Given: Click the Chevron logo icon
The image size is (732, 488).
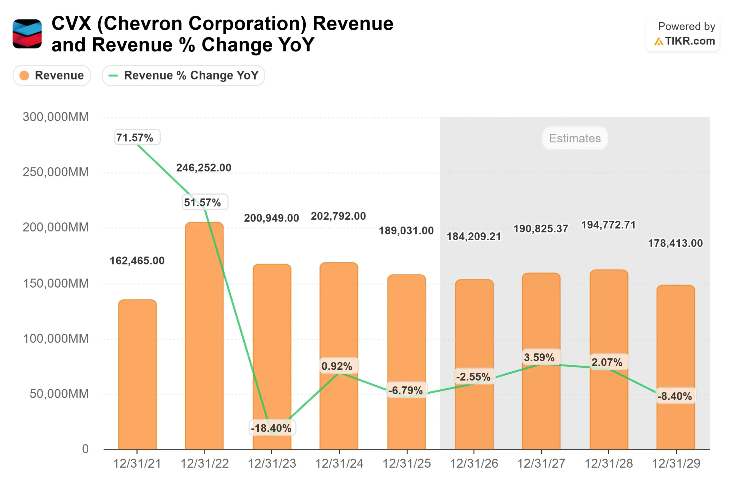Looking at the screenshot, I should click(27, 34).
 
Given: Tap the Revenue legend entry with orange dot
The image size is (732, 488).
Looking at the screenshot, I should click(52, 75).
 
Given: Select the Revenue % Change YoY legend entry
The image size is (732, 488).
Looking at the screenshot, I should click(183, 75).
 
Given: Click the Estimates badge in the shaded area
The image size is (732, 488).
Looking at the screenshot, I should click(574, 138).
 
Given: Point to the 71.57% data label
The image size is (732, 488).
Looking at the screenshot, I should click(137, 137).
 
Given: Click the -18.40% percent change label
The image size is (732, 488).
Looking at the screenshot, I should click(272, 428).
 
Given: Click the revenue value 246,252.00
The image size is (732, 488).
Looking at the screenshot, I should click(204, 168).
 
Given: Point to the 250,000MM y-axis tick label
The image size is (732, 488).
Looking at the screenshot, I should click(56, 172).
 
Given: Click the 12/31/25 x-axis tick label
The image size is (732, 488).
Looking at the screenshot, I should click(406, 464).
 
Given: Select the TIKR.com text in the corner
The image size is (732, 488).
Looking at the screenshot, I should click(690, 41).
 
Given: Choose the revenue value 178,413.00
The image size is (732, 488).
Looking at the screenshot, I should click(675, 243).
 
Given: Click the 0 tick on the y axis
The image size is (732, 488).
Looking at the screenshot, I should click(85, 449).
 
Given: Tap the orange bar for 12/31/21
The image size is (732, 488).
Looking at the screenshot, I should click(137, 373).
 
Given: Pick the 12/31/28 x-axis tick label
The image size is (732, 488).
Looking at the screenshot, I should click(608, 464).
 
